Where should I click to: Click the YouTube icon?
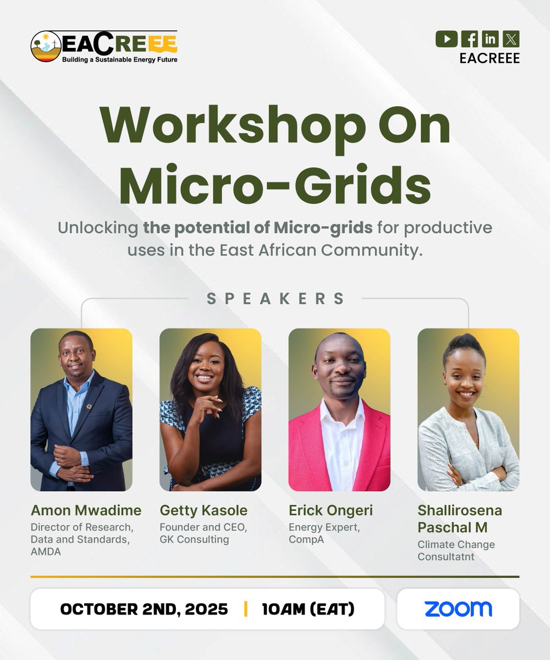pos(446,39)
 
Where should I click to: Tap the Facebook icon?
pos(469,39)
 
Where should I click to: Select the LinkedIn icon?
pos(490,39)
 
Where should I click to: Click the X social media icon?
pos(511,39)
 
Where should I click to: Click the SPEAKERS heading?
pos(276,299)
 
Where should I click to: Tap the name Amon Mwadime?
pos(86,510)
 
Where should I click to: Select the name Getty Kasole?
pos(204,510)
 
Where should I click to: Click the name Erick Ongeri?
pos(331,510)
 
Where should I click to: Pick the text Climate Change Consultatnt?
pos(456,550)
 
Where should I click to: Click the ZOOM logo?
pos(458,609)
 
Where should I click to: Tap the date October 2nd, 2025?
pos(144,609)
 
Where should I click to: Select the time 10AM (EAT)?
pos(308,609)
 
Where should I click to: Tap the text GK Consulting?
pos(194,539)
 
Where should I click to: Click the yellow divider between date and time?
pos(245,609)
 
